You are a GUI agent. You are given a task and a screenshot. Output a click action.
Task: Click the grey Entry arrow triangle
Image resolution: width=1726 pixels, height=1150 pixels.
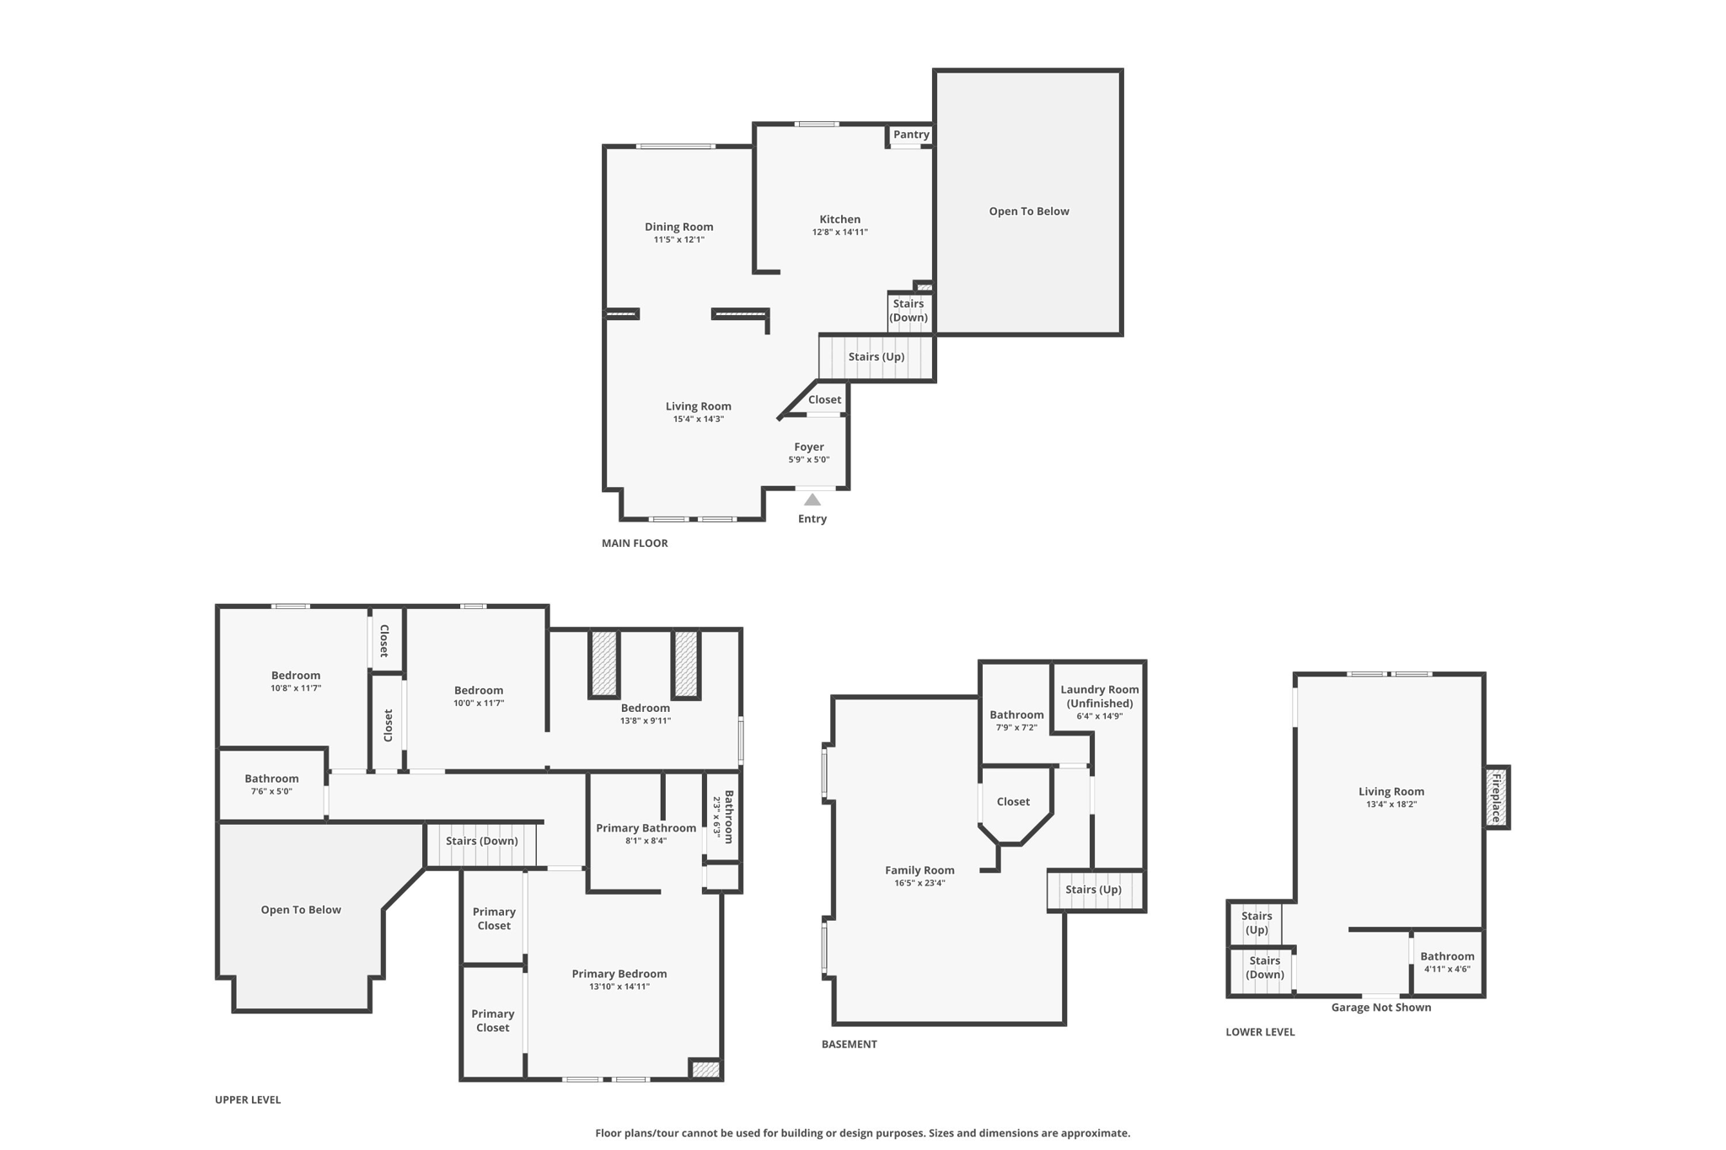[x=812, y=500]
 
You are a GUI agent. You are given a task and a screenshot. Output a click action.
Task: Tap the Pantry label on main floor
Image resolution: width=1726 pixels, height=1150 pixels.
[x=911, y=135]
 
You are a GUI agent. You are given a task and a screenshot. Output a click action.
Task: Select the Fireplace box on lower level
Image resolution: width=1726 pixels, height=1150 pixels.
[x=1497, y=797]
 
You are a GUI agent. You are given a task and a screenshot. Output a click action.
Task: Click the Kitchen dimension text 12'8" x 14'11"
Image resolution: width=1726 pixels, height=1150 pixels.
[x=839, y=233]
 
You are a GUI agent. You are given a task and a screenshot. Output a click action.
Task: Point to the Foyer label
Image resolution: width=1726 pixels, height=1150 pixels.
[x=808, y=447]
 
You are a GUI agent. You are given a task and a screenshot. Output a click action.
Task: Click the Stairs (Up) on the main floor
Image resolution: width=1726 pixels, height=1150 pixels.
[x=876, y=357]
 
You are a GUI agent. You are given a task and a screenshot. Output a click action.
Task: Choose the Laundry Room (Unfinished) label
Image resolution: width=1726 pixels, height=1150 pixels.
[x=1099, y=696]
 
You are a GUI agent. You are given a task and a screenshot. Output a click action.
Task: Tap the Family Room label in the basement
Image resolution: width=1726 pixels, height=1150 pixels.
[x=919, y=870]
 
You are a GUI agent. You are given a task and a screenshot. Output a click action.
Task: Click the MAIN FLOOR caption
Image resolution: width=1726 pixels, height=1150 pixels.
[x=635, y=543]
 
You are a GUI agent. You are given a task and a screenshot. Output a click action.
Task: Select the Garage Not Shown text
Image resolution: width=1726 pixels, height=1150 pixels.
[x=1380, y=1008]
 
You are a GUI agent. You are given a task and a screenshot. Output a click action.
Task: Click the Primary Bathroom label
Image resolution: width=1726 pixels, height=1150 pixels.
[x=646, y=828]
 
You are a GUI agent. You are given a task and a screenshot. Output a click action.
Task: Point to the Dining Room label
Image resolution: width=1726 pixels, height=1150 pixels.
[x=678, y=227]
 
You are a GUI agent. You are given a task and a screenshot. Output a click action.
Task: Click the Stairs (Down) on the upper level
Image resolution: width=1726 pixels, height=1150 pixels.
[x=481, y=841]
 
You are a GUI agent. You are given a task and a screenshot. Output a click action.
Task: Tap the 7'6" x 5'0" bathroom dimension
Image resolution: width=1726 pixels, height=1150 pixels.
[x=271, y=792]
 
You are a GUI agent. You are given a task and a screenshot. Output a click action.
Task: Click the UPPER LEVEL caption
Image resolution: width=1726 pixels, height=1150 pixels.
[x=248, y=1099]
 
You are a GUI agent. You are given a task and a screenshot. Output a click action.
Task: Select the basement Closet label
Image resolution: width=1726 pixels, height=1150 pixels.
[x=1013, y=802]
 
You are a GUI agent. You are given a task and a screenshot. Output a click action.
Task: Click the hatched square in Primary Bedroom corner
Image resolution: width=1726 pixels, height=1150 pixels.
[x=705, y=1069]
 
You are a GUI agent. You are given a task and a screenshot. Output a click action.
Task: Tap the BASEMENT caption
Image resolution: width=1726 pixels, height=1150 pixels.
[x=849, y=1044]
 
